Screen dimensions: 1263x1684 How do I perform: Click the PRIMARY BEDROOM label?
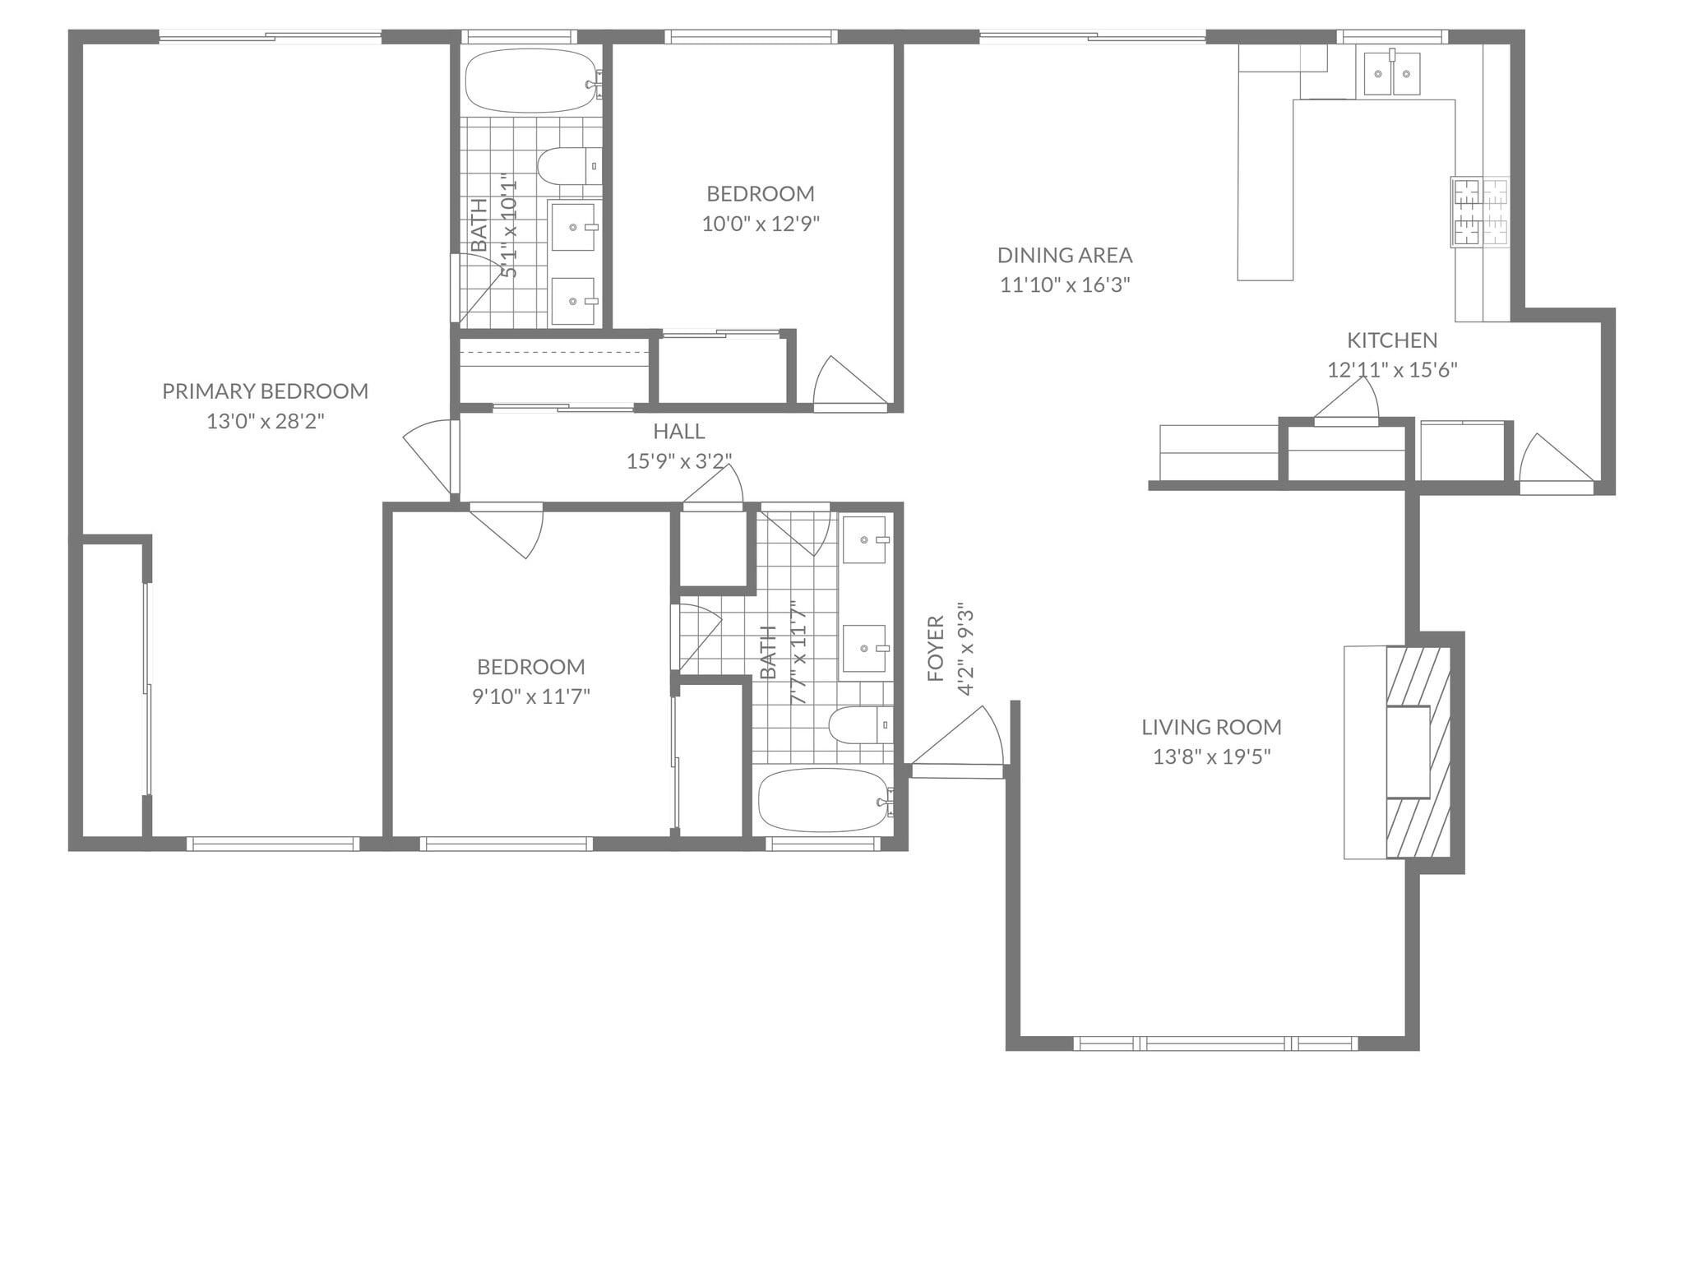[265, 391]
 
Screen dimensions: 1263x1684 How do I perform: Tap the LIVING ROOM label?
[1211, 727]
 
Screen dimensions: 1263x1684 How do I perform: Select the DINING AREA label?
[1065, 255]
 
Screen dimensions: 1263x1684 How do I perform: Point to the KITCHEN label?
[1392, 340]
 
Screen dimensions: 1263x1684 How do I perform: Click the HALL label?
[679, 431]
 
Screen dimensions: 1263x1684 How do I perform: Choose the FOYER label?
[936, 649]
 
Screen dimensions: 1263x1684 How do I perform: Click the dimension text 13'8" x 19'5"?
[1211, 756]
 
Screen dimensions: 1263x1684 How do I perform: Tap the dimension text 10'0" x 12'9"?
[761, 224]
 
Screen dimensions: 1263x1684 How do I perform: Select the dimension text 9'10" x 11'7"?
[530, 697]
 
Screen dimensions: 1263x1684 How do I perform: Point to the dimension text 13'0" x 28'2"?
[265, 422]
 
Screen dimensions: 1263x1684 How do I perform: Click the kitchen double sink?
[1392, 74]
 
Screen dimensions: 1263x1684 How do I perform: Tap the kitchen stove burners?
[1480, 212]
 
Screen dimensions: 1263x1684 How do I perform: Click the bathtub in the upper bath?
[531, 82]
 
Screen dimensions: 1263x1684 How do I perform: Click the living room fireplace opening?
[1408, 752]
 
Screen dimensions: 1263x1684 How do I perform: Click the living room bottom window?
[1215, 1043]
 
